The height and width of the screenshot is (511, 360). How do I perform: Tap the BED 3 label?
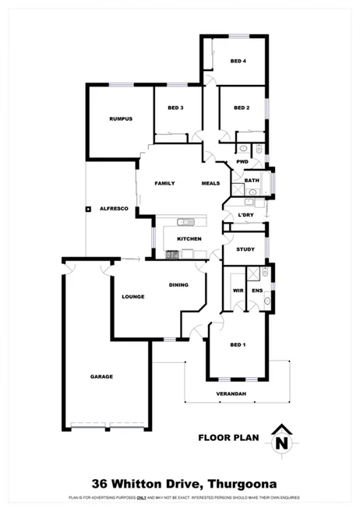(175, 107)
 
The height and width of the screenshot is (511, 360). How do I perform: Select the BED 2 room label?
(242, 107)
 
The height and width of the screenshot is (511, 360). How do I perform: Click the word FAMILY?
(164, 184)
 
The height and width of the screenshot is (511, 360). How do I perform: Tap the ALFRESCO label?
(114, 209)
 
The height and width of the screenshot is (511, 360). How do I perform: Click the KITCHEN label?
(189, 238)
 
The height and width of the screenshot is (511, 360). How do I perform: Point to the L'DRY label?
(246, 214)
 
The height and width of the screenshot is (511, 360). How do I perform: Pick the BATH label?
(251, 181)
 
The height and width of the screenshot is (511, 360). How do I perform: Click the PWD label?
(242, 162)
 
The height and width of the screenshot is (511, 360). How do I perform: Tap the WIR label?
(238, 291)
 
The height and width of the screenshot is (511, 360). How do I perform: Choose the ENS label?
(257, 291)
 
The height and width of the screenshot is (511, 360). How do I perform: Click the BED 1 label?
(238, 344)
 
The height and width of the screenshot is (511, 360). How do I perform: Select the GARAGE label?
(101, 376)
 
